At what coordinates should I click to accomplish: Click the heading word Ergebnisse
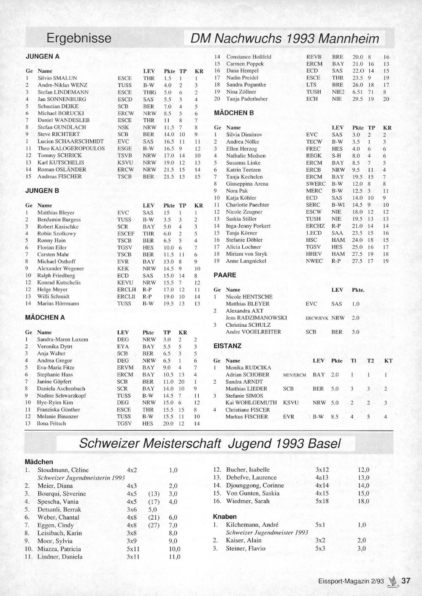pos(79,38)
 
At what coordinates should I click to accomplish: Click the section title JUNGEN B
pos(42,191)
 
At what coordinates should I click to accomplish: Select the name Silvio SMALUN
pos(57,78)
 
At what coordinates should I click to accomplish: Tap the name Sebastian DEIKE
pos(58,106)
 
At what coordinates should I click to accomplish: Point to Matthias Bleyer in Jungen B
pos(56,213)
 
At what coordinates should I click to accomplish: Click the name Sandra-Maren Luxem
pos(62,339)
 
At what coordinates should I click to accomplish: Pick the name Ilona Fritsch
pos(51,423)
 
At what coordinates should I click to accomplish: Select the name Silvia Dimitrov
pos(244,135)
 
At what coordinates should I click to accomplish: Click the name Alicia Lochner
pos(243,247)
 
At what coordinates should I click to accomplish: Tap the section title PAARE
pos(225,275)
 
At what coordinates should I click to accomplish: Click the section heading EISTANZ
pos(227,346)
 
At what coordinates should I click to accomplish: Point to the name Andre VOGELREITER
pos(253,332)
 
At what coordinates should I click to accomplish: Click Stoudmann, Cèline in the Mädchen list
pos(63,470)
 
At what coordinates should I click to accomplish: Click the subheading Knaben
pos(225,517)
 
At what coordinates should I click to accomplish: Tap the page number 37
pos(406,581)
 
